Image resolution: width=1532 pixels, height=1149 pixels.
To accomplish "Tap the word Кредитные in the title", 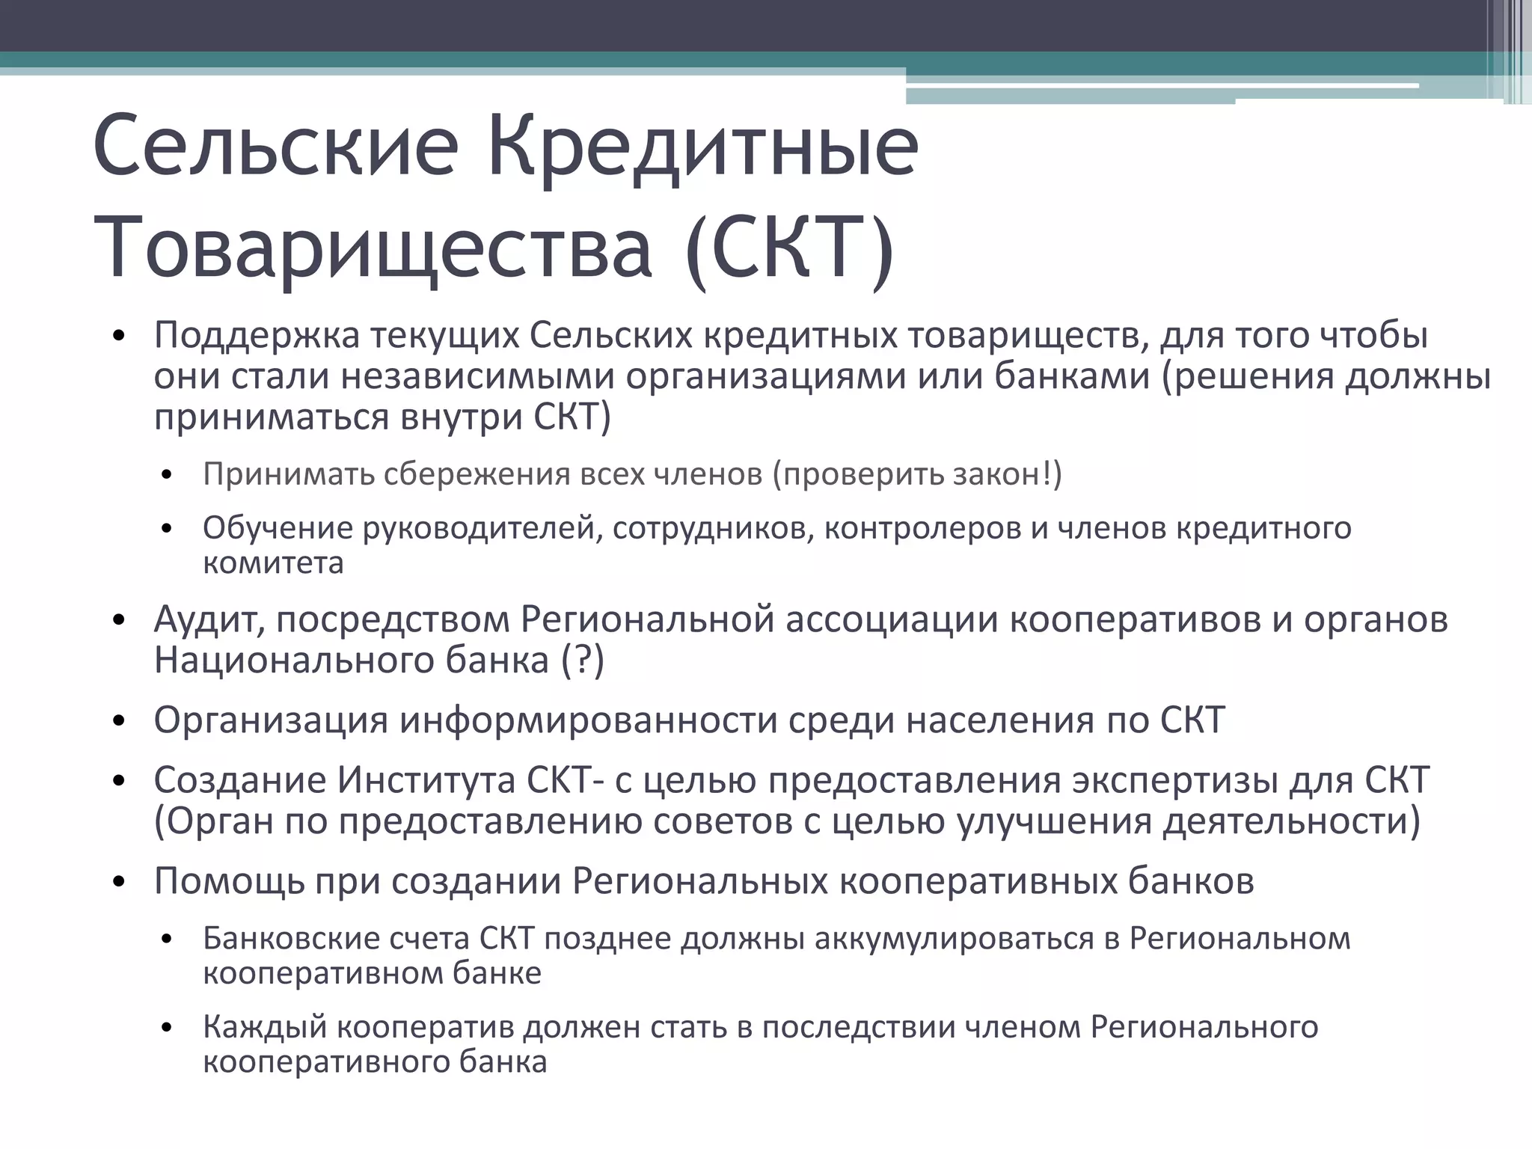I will pyautogui.click(x=703, y=147).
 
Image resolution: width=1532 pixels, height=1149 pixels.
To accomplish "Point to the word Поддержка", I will pyautogui.click(x=257, y=336).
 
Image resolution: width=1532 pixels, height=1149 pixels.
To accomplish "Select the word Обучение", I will pyautogui.click(x=277, y=528).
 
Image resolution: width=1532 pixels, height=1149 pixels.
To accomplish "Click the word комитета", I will pyautogui.click(x=273, y=563).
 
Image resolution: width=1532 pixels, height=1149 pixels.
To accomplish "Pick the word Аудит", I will pyautogui.click(x=208, y=620).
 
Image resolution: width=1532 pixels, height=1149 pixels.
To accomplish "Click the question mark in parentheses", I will pyautogui.click(x=583, y=661).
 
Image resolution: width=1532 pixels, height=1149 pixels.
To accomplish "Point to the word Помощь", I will pyautogui.click(x=229, y=881).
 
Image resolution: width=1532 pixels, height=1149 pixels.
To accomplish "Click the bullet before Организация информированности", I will pyautogui.click(x=118, y=722).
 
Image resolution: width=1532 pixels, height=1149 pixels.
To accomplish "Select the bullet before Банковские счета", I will pyautogui.click(x=167, y=940).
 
